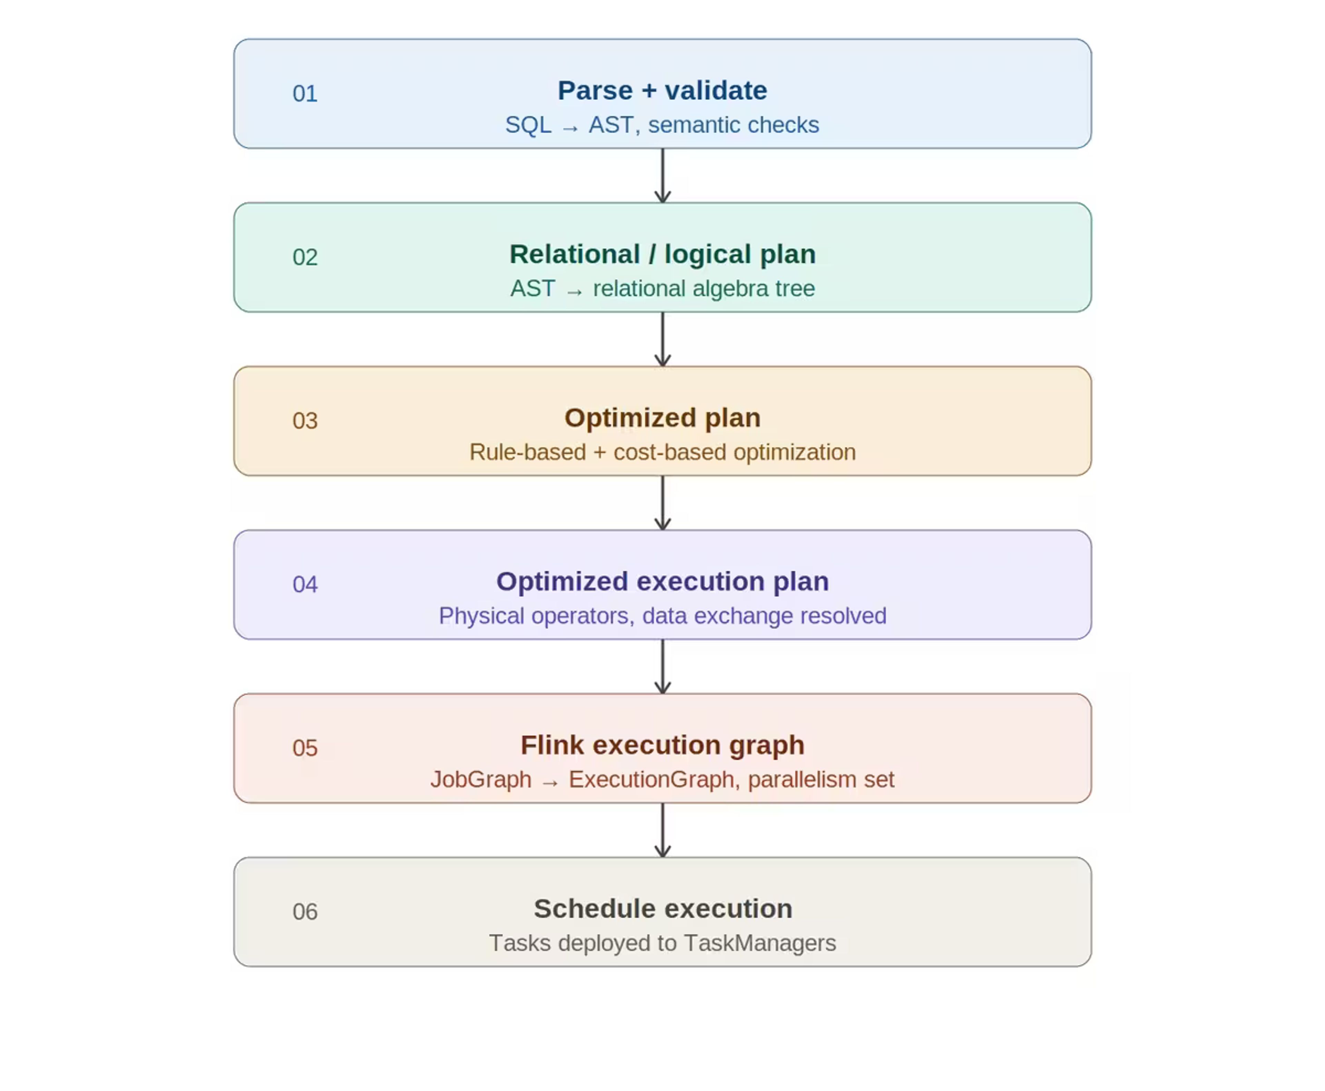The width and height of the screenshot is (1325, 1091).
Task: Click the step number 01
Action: tap(305, 94)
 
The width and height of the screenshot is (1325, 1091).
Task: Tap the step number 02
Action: tap(305, 257)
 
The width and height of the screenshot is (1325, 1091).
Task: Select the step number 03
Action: tap(305, 421)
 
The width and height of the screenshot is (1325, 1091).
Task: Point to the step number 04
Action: tap(305, 584)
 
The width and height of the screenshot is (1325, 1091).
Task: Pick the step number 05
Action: tap(305, 748)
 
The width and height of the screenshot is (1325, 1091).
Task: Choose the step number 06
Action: tap(305, 911)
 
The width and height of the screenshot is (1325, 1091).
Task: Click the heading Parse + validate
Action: tap(662, 90)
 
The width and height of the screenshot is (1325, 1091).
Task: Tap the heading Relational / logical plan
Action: tap(662, 254)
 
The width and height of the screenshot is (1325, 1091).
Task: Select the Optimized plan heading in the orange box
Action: tap(662, 418)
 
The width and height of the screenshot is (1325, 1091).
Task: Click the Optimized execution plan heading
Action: tap(662, 581)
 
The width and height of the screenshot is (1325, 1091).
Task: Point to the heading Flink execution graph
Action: tap(662, 745)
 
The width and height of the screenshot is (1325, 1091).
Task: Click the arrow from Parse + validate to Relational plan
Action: tap(662, 175)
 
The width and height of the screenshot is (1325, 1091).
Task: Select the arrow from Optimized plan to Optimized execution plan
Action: tap(662, 503)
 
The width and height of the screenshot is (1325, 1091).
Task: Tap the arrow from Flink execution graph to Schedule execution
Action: tap(662, 830)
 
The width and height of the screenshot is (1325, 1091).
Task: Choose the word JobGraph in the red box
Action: tap(481, 779)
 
